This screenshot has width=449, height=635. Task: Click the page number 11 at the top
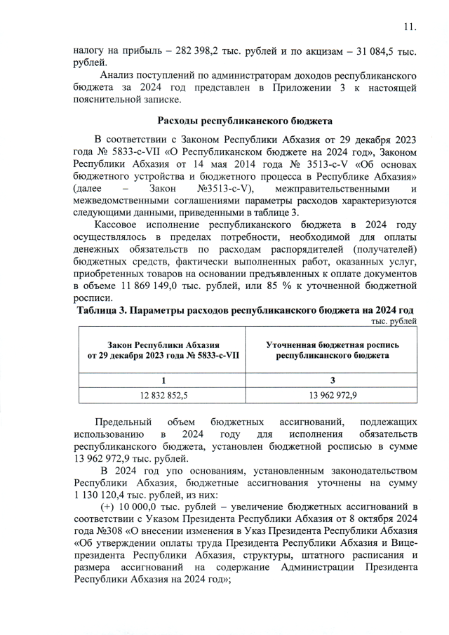pos(410,27)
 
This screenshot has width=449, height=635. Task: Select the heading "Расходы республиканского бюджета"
pos(243,120)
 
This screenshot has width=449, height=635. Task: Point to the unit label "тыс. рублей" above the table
pos(393,321)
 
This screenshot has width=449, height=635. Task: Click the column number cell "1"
pos(163,380)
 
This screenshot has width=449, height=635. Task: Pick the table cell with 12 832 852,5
pos(163,395)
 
